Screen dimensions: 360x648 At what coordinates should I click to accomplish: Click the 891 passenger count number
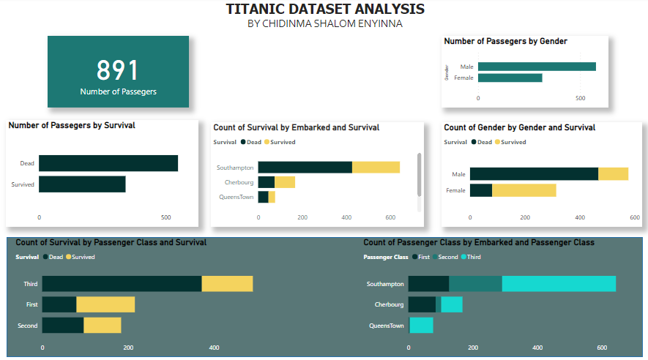pyautogui.click(x=118, y=70)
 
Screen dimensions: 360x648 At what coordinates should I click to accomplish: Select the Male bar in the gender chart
pyautogui.click(x=536, y=67)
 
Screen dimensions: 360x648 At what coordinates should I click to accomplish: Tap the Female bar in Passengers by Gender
pyautogui.click(x=510, y=78)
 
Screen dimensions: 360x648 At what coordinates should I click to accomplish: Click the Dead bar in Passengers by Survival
pyautogui.click(x=108, y=163)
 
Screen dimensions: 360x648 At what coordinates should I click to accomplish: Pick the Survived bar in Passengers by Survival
pyautogui.click(x=82, y=184)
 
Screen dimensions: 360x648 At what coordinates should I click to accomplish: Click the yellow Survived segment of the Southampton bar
pyautogui.click(x=376, y=168)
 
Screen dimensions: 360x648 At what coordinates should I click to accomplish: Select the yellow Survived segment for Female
pyautogui.click(x=524, y=190)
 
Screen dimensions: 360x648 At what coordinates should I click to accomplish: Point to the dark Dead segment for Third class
pyautogui.click(x=122, y=284)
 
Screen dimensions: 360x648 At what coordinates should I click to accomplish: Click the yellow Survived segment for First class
pyautogui.click(x=105, y=304)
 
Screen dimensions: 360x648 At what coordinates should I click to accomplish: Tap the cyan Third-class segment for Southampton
pyautogui.click(x=559, y=284)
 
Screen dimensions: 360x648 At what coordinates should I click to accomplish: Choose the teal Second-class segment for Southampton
pyautogui.click(x=475, y=284)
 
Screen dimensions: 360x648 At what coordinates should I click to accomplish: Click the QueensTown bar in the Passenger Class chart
pyautogui.click(x=422, y=325)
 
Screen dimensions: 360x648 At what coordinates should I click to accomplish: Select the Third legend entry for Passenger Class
pyautogui.click(x=474, y=257)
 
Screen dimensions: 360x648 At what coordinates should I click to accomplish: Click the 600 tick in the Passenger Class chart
pyautogui.click(x=603, y=348)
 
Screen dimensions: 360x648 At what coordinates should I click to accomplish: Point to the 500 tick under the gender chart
pyautogui.click(x=580, y=97)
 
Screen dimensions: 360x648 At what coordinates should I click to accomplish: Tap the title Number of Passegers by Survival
pyautogui.click(x=72, y=125)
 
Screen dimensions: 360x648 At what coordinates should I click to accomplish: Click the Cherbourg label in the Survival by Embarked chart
pyautogui.click(x=239, y=182)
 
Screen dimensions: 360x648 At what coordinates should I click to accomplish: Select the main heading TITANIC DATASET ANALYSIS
pyautogui.click(x=325, y=10)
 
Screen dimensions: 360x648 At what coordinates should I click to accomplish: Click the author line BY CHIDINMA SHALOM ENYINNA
pyautogui.click(x=325, y=24)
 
